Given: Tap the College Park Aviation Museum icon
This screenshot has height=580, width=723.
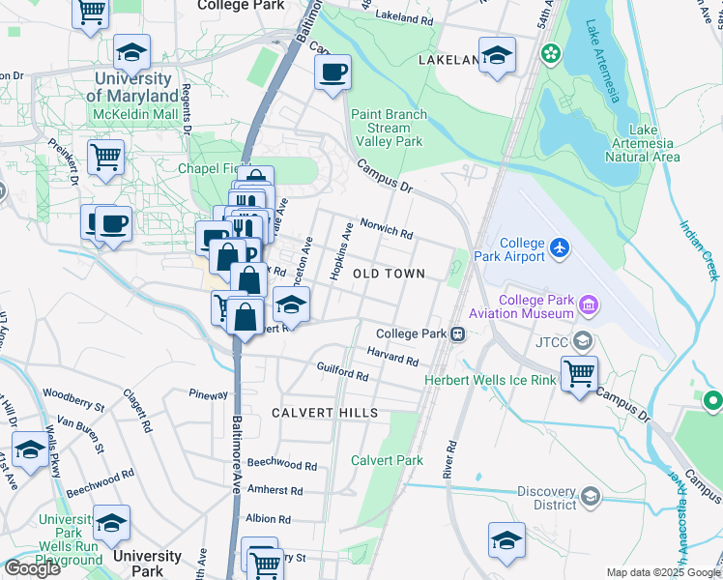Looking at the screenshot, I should pyautogui.click(x=588, y=307).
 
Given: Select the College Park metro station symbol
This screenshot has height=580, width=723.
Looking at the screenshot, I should pyautogui.click(x=455, y=333).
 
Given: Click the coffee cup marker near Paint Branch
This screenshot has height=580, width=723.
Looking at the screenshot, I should pyautogui.click(x=333, y=72).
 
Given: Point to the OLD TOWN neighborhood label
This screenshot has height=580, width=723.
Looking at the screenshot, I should pyautogui.click(x=389, y=275).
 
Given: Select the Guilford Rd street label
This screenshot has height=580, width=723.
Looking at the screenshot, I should pyautogui.click(x=343, y=370).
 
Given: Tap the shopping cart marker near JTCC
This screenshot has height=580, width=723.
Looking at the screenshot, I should pyautogui.click(x=579, y=371).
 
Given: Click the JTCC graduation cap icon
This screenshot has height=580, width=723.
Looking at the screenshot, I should pyautogui.click(x=583, y=341).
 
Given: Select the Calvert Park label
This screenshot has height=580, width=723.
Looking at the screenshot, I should pyautogui.click(x=388, y=460).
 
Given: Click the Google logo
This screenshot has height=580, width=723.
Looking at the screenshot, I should pyautogui.click(x=32, y=568).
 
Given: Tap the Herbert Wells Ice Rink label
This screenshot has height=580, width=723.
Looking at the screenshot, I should pyautogui.click(x=490, y=380).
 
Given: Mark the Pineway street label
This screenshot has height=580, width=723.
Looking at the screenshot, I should pyautogui.click(x=208, y=394).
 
